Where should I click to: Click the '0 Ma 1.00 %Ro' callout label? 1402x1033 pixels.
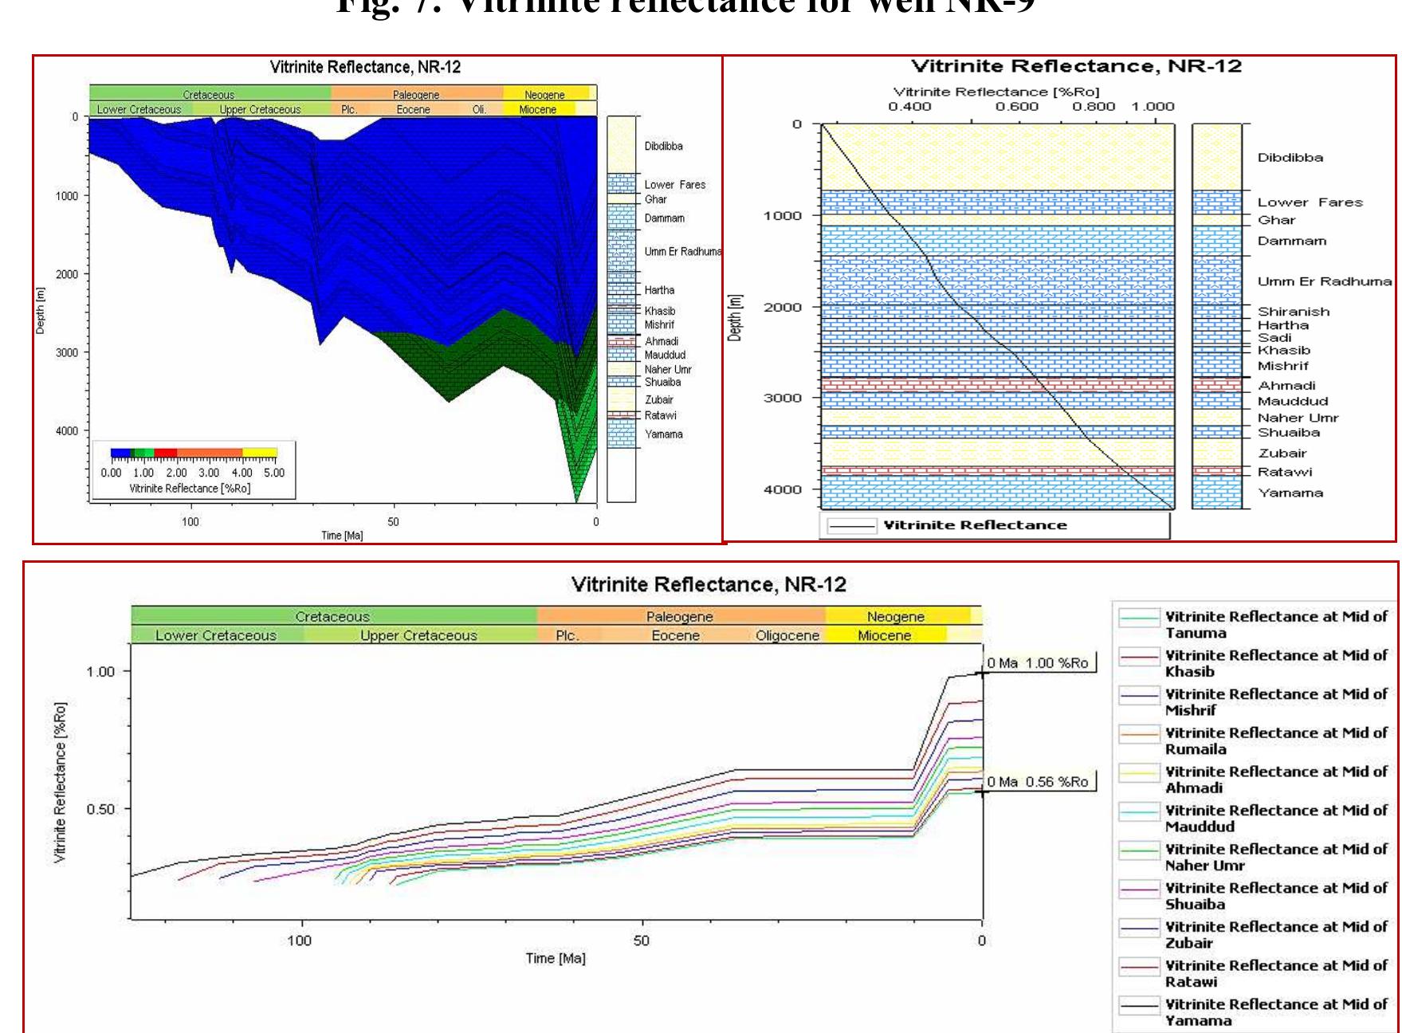click(x=1038, y=663)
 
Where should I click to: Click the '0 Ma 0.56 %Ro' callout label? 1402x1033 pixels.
click(x=1038, y=782)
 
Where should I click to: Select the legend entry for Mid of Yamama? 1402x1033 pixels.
click(x=1275, y=1012)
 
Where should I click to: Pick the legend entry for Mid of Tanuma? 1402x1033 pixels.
click(x=1275, y=624)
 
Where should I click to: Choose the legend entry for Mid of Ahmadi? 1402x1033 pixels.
click(x=1275, y=780)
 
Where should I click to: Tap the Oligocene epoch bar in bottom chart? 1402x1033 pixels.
click(x=787, y=635)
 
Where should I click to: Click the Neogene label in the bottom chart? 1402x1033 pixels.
click(x=895, y=616)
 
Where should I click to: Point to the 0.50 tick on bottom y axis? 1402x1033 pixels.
click(x=100, y=809)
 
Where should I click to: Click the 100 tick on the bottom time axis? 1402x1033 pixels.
click(x=300, y=941)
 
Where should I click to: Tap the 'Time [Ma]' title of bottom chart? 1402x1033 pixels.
click(x=556, y=958)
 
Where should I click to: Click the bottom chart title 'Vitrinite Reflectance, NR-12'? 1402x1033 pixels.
click(x=708, y=584)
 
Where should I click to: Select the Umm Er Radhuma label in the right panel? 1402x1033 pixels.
click(x=1324, y=281)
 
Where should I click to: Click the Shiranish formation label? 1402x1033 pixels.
click(x=1293, y=312)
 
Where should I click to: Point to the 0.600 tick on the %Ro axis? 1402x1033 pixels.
click(x=1017, y=107)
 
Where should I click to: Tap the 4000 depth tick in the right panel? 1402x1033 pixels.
click(x=782, y=489)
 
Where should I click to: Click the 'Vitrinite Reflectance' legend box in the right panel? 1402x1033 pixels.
click(x=994, y=525)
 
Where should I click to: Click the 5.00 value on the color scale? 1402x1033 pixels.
click(x=274, y=473)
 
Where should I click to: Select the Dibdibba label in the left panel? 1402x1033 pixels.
click(x=663, y=146)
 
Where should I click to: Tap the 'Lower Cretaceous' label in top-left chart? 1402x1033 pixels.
click(x=139, y=109)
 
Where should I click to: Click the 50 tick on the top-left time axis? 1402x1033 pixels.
click(x=393, y=522)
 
